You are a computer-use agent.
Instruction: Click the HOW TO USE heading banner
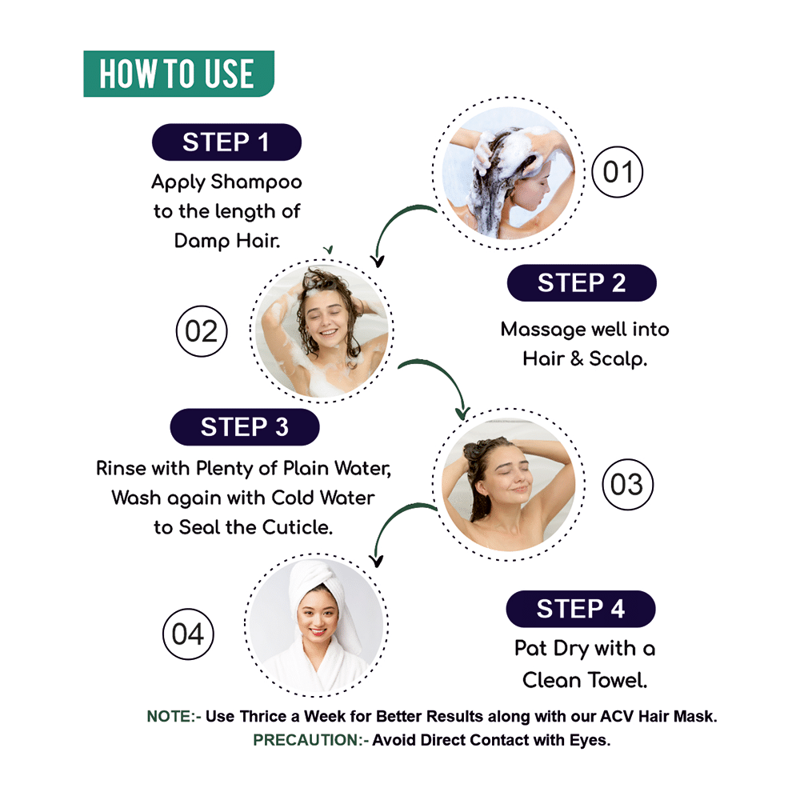click(178, 74)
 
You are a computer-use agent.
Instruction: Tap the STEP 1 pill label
click(226, 142)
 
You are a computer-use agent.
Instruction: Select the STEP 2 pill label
click(582, 282)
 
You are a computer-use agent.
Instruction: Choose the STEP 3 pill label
click(244, 427)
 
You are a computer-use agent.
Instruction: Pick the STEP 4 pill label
click(581, 609)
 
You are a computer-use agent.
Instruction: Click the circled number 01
click(618, 172)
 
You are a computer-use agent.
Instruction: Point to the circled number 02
click(202, 331)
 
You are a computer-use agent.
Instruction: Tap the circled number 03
click(627, 484)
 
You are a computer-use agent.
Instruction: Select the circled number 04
click(188, 634)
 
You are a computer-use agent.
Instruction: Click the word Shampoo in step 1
click(257, 182)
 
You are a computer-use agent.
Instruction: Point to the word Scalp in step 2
click(618, 359)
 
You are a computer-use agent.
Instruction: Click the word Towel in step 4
click(618, 680)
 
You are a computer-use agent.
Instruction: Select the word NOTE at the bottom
click(168, 716)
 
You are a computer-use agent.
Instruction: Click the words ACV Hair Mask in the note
click(658, 716)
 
